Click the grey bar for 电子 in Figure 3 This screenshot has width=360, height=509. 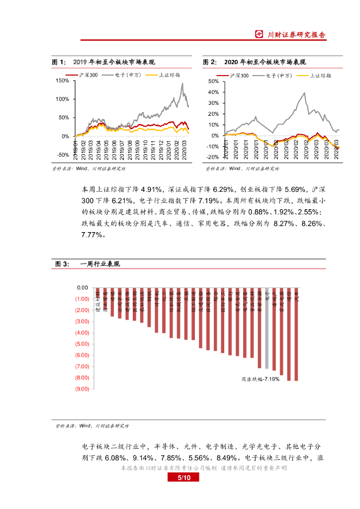267,328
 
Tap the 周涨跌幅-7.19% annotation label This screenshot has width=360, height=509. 260,379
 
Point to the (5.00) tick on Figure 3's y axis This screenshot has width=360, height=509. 82,344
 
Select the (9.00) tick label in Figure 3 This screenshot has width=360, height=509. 82,389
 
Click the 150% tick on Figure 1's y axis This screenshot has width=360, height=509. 63,81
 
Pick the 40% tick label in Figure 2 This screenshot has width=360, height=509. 213,92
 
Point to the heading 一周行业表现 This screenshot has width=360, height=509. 100,264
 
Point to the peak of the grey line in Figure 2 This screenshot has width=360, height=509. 304,92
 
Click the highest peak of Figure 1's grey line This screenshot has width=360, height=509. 182,84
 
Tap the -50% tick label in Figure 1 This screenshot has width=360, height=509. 63,155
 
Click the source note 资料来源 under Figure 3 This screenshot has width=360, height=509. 92,426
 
